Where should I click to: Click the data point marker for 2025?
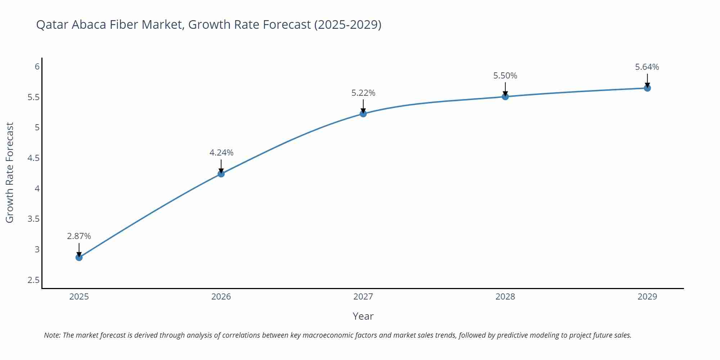tap(79, 257)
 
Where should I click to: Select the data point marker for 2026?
tap(221, 174)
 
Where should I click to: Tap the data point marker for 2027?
tap(363, 114)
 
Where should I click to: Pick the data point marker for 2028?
tap(505, 96)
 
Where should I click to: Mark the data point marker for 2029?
tap(647, 88)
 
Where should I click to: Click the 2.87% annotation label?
tap(79, 236)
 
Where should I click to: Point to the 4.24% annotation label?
tap(221, 153)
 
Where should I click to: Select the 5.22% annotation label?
tap(363, 93)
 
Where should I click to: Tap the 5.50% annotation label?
tap(505, 76)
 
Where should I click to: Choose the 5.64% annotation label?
tap(647, 67)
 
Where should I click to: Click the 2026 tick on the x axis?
tap(221, 297)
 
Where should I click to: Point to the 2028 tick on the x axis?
tap(505, 297)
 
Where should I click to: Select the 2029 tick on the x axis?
tap(647, 297)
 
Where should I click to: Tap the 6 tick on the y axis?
tap(37, 67)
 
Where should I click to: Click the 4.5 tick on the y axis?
tap(33, 158)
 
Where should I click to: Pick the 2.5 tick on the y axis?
tap(33, 280)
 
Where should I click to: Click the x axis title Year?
tap(363, 316)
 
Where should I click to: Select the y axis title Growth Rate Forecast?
tap(10, 172)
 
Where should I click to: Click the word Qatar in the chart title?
tap(52, 24)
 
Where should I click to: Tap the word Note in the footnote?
tap(52, 335)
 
